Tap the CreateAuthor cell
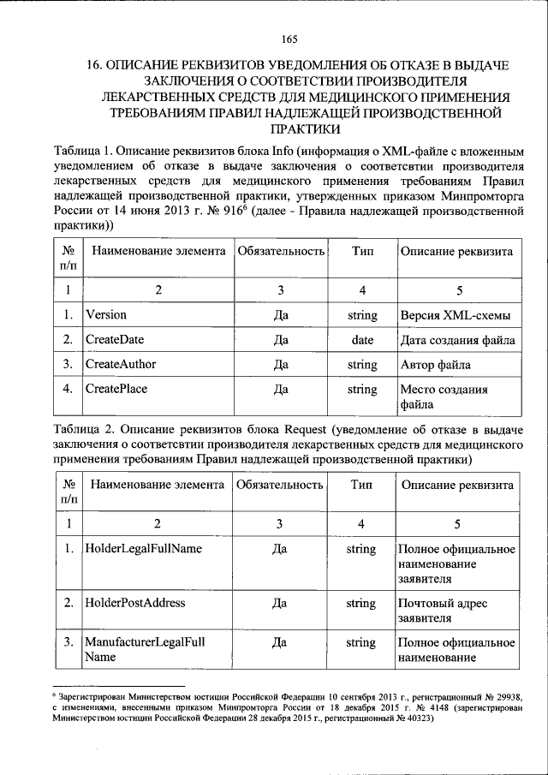pos(121,365)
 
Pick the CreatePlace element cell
pos(116,390)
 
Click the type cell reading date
pos(362,340)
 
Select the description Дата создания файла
pos(457,340)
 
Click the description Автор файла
pos(435,365)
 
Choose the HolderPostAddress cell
pos(135,603)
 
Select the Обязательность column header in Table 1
pos(280,253)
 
